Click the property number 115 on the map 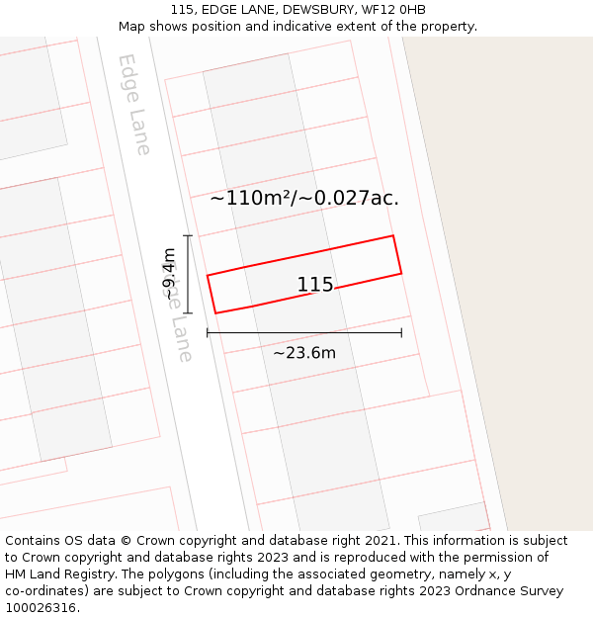tap(315, 285)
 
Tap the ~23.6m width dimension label tap(304, 353)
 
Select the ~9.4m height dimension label tap(170, 274)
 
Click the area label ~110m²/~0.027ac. tap(304, 198)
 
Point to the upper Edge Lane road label tap(134, 104)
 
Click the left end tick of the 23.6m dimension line tap(208, 332)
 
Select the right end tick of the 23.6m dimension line tap(401, 332)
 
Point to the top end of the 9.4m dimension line tap(188, 235)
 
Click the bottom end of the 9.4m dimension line tap(188, 312)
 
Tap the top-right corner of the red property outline tap(393, 235)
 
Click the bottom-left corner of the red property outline tap(215, 313)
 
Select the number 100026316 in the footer tap(41, 608)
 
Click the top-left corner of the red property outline tap(208, 276)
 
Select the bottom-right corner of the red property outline tap(401, 273)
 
